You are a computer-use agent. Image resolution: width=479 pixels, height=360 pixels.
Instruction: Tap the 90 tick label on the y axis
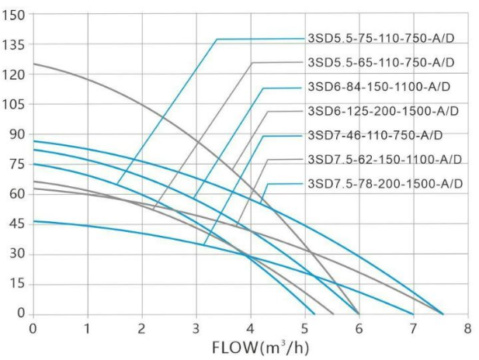[x=16, y=134]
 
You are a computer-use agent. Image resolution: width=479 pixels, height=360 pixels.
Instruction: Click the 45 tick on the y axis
[x=16, y=224]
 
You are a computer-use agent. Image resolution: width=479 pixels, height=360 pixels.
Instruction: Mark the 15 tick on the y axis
[x=16, y=284]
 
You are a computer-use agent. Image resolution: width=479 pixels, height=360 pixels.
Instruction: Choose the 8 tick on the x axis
[x=467, y=328]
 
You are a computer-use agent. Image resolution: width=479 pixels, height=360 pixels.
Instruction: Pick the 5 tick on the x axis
[x=304, y=328]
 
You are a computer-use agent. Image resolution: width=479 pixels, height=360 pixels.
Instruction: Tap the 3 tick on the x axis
[x=196, y=328]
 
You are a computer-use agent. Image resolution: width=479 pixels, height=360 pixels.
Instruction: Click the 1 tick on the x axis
[x=88, y=328]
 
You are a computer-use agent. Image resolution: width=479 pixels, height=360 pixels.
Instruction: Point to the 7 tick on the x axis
[x=412, y=328]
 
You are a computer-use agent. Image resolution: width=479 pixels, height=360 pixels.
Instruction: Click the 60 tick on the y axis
[x=16, y=194]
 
